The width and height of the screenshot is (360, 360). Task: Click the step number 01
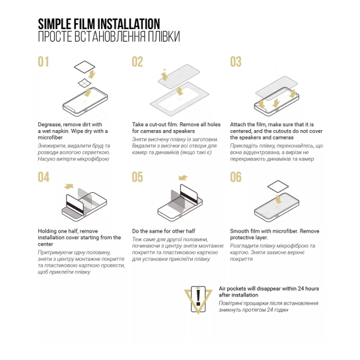[x=44, y=61]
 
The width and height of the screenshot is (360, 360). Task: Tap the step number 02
[x=137, y=61]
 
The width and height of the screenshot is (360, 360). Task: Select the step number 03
[x=236, y=61]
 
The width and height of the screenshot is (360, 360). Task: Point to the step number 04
[x=44, y=177]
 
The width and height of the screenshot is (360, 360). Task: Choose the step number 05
[x=137, y=177]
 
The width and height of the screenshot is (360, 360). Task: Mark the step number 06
[x=236, y=177]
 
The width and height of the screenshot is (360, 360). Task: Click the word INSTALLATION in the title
[x=129, y=24]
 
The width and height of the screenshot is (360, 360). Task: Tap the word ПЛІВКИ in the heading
[x=164, y=36]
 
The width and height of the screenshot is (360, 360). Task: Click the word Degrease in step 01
[x=50, y=125]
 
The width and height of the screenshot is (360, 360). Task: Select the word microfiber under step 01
[x=50, y=137]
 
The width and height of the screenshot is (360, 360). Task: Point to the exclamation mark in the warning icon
[x=198, y=298]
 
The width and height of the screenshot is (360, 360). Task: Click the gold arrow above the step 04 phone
[x=69, y=186]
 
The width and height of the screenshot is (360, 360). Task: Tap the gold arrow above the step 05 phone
[x=183, y=178]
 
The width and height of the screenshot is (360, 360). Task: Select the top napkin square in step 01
[x=85, y=67]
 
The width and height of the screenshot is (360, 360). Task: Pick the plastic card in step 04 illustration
[x=75, y=202]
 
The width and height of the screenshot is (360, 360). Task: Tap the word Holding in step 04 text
[x=47, y=231]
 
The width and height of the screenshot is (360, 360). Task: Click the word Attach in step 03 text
[x=237, y=124]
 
